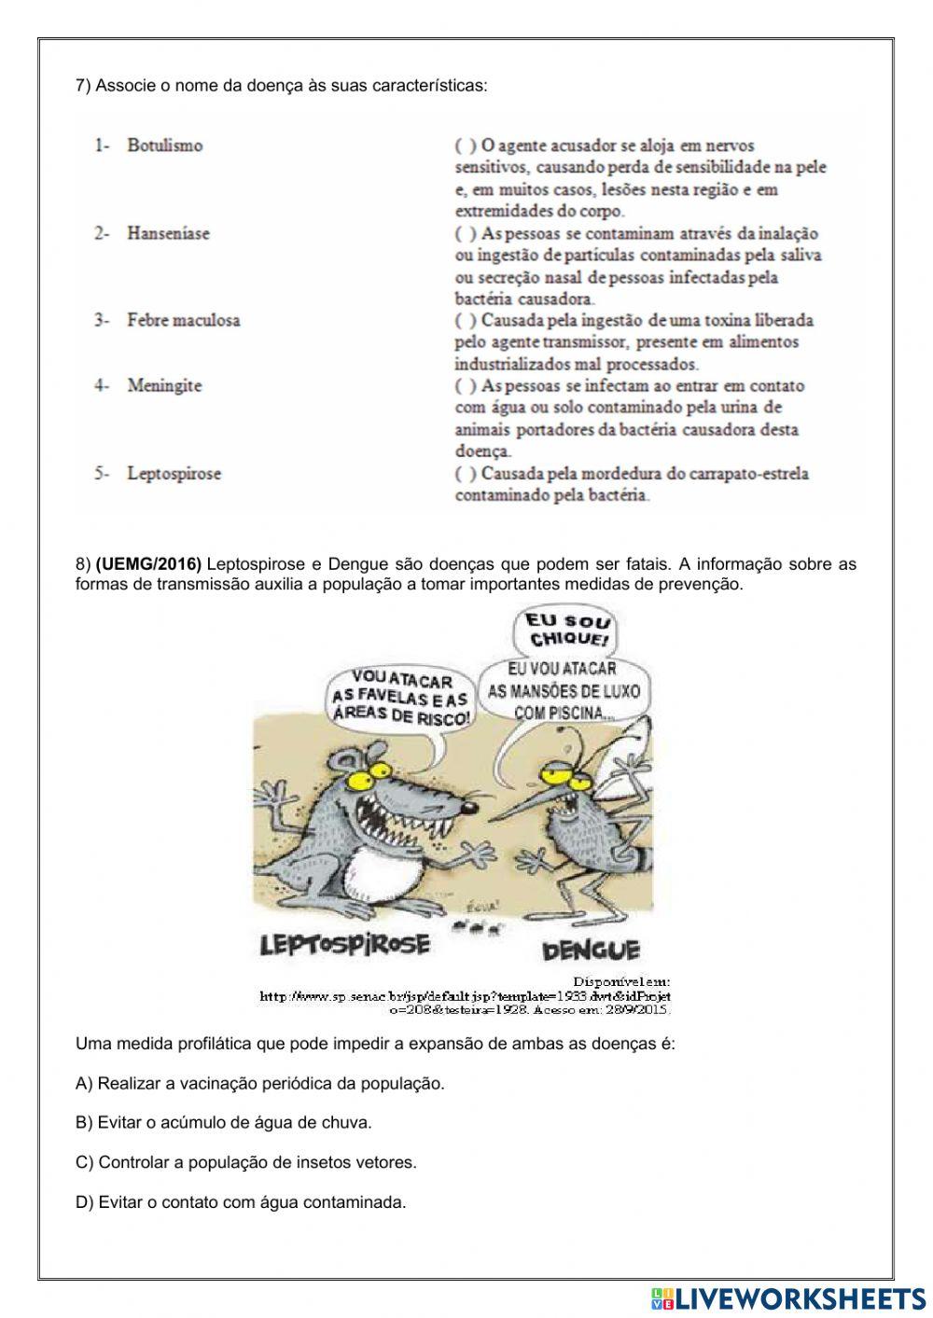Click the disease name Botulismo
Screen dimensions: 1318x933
click(x=164, y=146)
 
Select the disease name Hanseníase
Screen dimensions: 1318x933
click(x=168, y=233)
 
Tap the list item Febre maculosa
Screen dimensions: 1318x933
click(x=183, y=320)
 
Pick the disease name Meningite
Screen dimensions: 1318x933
click(x=164, y=385)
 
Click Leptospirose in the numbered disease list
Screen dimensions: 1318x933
click(x=174, y=473)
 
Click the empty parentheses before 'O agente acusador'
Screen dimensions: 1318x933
click(x=466, y=146)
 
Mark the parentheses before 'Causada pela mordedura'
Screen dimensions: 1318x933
click(x=466, y=473)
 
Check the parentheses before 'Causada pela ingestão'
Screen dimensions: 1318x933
click(x=466, y=320)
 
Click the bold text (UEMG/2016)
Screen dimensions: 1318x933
click(x=148, y=563)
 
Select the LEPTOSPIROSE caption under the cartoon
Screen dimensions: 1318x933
click(x=345, y=944)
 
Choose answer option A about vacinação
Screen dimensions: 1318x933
click(x=260, y=1083)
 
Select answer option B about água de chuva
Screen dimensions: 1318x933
click(x=224, y=1122)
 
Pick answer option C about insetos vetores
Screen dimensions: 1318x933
click(x=246, y=1162)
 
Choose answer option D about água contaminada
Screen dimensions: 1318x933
click(x=241, y=1201)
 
